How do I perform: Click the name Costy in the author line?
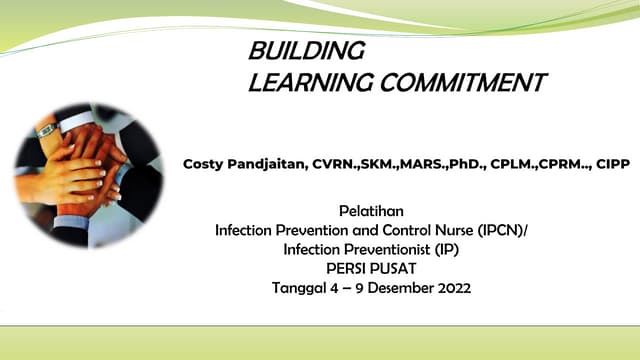point(204,163)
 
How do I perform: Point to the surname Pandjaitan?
point(269,163)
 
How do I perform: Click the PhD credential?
point(450,163)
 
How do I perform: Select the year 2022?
point(451,288)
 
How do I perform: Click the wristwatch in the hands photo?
point(46,130)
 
